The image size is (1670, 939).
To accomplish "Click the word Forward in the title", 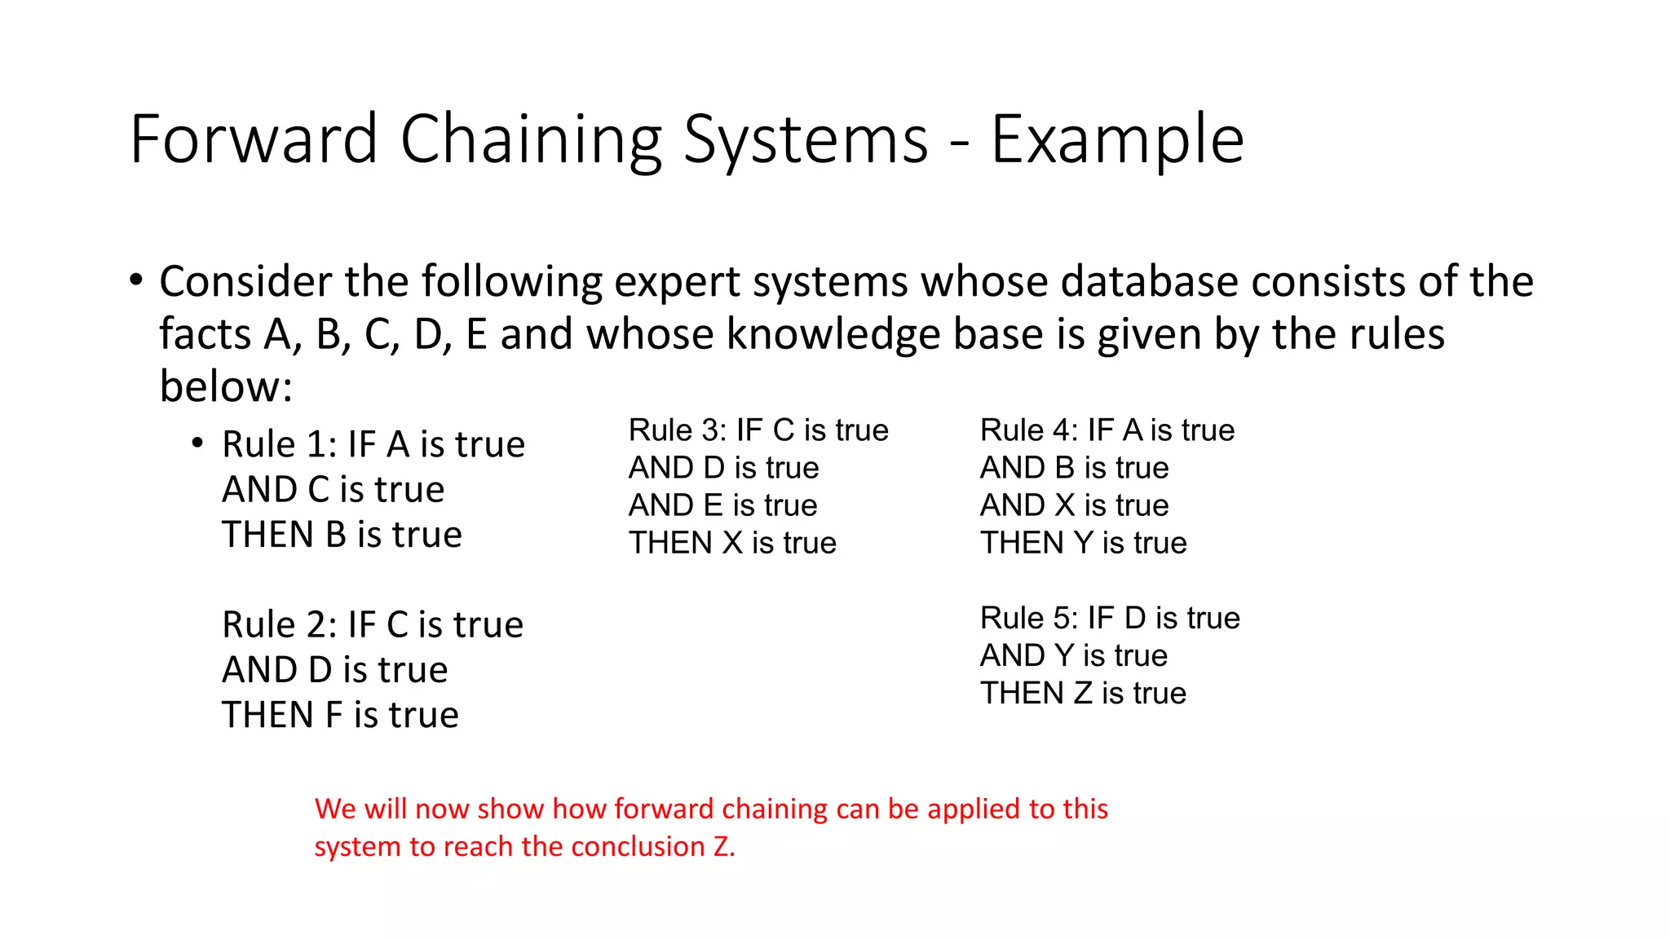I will coord(254,139).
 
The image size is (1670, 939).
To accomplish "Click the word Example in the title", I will coord(1116,139).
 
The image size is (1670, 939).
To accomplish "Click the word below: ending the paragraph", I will coord(226,386).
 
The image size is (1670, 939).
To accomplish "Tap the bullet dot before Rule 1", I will coord(197,443).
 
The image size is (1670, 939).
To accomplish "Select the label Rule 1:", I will coord(280,445).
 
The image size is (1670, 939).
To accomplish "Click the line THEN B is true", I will coord(342,536).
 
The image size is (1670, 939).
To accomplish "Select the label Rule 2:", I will coord(280,625).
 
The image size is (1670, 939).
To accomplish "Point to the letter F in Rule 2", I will coord(334,716).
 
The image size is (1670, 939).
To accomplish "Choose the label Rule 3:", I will coord(677,430).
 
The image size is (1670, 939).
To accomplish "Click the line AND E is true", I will coord(722,505).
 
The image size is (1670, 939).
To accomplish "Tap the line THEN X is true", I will coord(732,543).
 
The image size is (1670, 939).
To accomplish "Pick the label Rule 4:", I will coord(1028,430).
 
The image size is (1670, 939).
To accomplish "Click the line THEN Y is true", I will coord(1083,543).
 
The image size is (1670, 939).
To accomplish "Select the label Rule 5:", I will coord(1028,619).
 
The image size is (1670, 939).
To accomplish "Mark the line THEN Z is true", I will coord(1083,694).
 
